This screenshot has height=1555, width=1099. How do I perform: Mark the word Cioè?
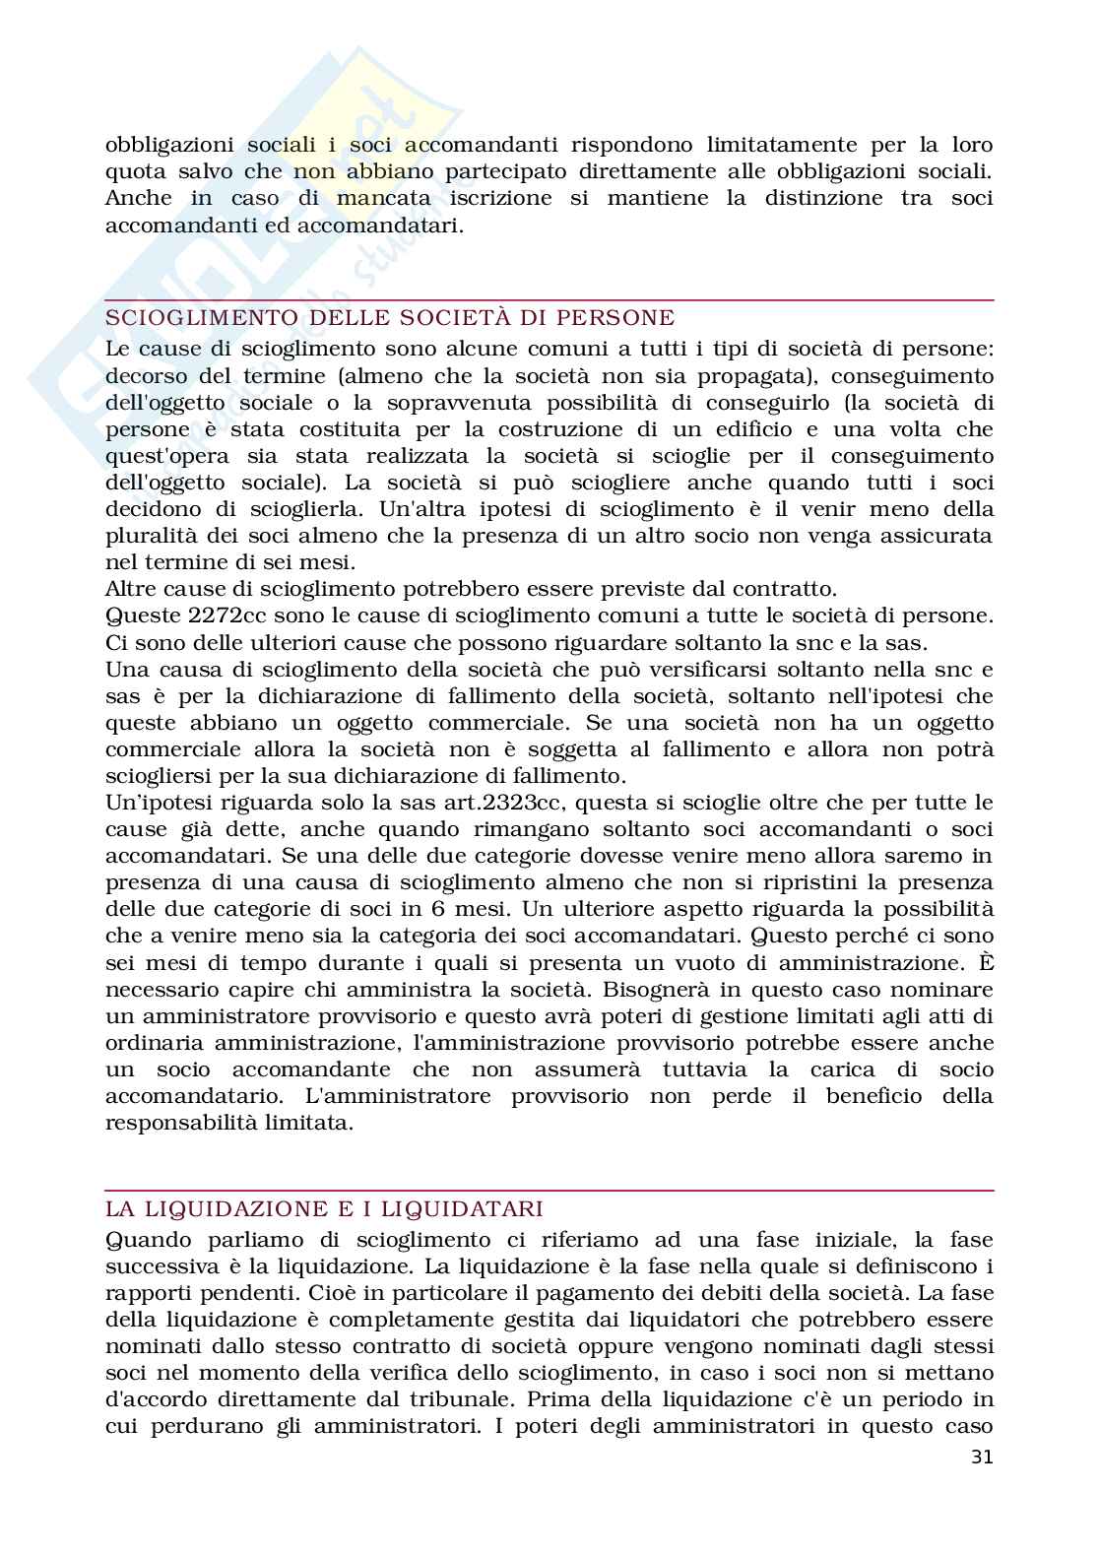point(288,1293)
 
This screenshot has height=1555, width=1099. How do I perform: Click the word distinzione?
point(819,199)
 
